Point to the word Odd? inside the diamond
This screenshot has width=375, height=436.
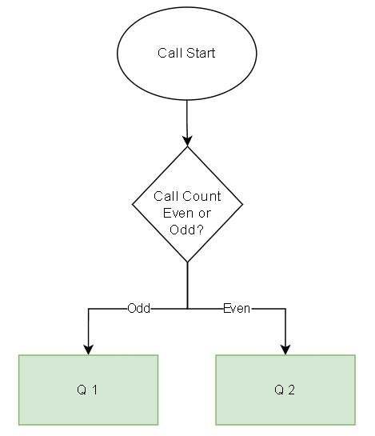[x=186, y=230]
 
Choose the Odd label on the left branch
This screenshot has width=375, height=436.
[x=138, y=308]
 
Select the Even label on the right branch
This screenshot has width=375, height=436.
[x=236, y=308]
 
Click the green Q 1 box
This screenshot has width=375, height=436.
[x=88, y=390]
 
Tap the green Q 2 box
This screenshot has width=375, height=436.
[x=285, y=390]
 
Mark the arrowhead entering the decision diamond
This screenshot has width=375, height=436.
[x=187, y=141]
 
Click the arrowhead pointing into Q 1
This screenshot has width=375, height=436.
[x=88, y=349]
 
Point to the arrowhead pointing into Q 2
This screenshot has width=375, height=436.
[x=285, y=349]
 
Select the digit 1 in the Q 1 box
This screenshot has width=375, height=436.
[x=95, y=390]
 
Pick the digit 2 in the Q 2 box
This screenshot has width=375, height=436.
[x=293, y=390]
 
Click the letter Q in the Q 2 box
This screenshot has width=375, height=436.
[x=279, y=390]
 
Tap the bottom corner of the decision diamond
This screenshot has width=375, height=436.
[x=187, y=262]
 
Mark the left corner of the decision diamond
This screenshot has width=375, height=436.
[x=131, y=205]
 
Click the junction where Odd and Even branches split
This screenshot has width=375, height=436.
[x=187, y=308]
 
